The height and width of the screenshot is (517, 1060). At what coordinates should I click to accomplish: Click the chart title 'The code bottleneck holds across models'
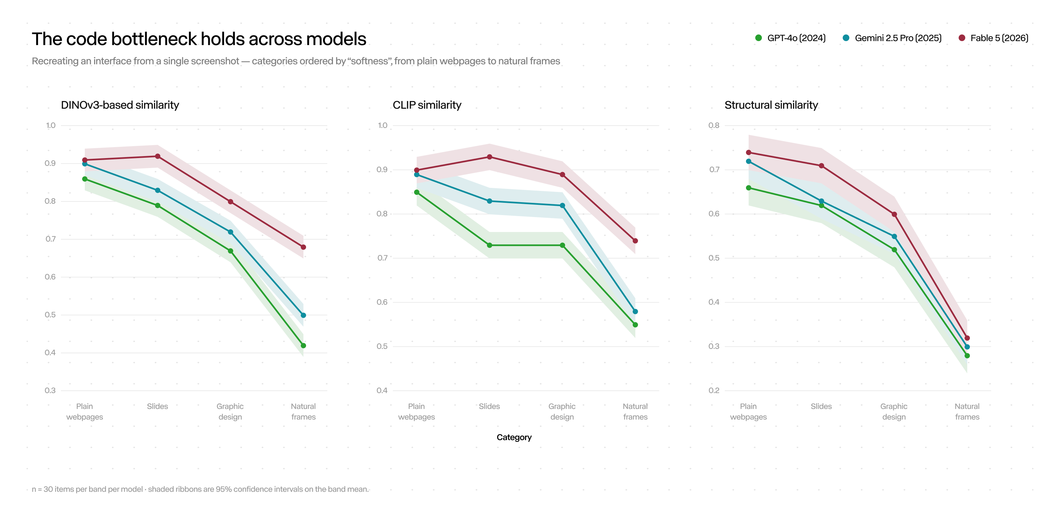199,39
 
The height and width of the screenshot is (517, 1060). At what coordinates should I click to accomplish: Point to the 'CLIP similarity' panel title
427,105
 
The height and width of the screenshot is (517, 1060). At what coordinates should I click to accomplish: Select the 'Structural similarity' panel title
771,105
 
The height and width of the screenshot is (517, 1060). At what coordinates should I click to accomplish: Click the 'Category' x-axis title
514,437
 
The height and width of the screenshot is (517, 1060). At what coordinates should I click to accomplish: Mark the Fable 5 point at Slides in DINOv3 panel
158,156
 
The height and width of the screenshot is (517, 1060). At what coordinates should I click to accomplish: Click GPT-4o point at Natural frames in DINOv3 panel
303,346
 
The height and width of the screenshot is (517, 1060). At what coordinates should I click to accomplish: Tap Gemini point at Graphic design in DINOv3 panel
231,232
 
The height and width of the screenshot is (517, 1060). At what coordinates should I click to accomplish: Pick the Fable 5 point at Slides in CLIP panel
489,157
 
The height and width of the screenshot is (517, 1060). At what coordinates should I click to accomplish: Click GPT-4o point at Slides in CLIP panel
489,245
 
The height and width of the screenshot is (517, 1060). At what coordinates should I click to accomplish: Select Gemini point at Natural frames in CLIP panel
635,312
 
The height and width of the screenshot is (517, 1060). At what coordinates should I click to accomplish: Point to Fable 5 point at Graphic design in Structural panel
894,214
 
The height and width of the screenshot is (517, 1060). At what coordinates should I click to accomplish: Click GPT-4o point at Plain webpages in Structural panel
749,188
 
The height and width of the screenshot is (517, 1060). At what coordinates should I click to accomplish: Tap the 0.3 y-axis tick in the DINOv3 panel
50,390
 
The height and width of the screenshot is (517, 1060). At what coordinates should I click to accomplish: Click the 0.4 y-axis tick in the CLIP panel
382,390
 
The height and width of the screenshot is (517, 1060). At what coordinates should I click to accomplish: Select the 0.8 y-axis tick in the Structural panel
714,125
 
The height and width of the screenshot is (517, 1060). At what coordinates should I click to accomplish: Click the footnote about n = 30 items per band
200,489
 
